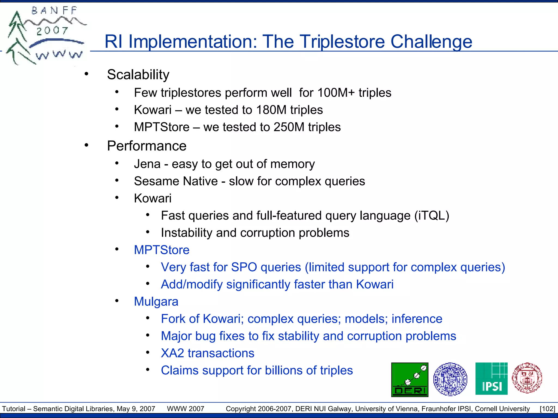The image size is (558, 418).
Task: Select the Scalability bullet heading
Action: click(138, 75)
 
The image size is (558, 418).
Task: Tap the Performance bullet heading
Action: click(147, 146)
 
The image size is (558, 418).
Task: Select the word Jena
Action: click(147, 164)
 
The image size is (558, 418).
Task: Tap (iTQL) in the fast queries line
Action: click(432, 216)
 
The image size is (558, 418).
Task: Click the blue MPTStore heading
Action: click(162, 250)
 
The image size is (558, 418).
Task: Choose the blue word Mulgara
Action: click(156, 302)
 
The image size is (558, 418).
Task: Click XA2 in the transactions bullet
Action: click(172, 353)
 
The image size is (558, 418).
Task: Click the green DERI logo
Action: click(410, 380)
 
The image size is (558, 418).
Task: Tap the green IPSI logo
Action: click(491, 379)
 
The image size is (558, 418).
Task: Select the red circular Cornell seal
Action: click(527, 378)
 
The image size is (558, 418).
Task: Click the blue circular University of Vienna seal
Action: click(450, 379)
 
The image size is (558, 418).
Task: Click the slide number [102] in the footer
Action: click(547, 409)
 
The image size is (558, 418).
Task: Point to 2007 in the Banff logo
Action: click(52, 31)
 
